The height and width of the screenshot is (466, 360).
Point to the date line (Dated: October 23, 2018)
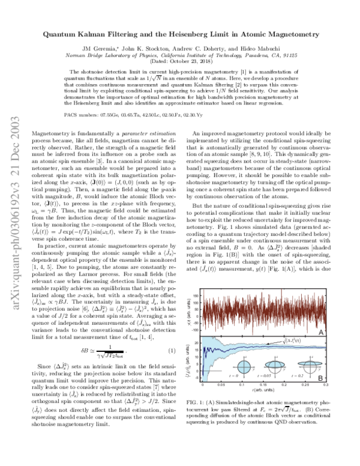(180, 62)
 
